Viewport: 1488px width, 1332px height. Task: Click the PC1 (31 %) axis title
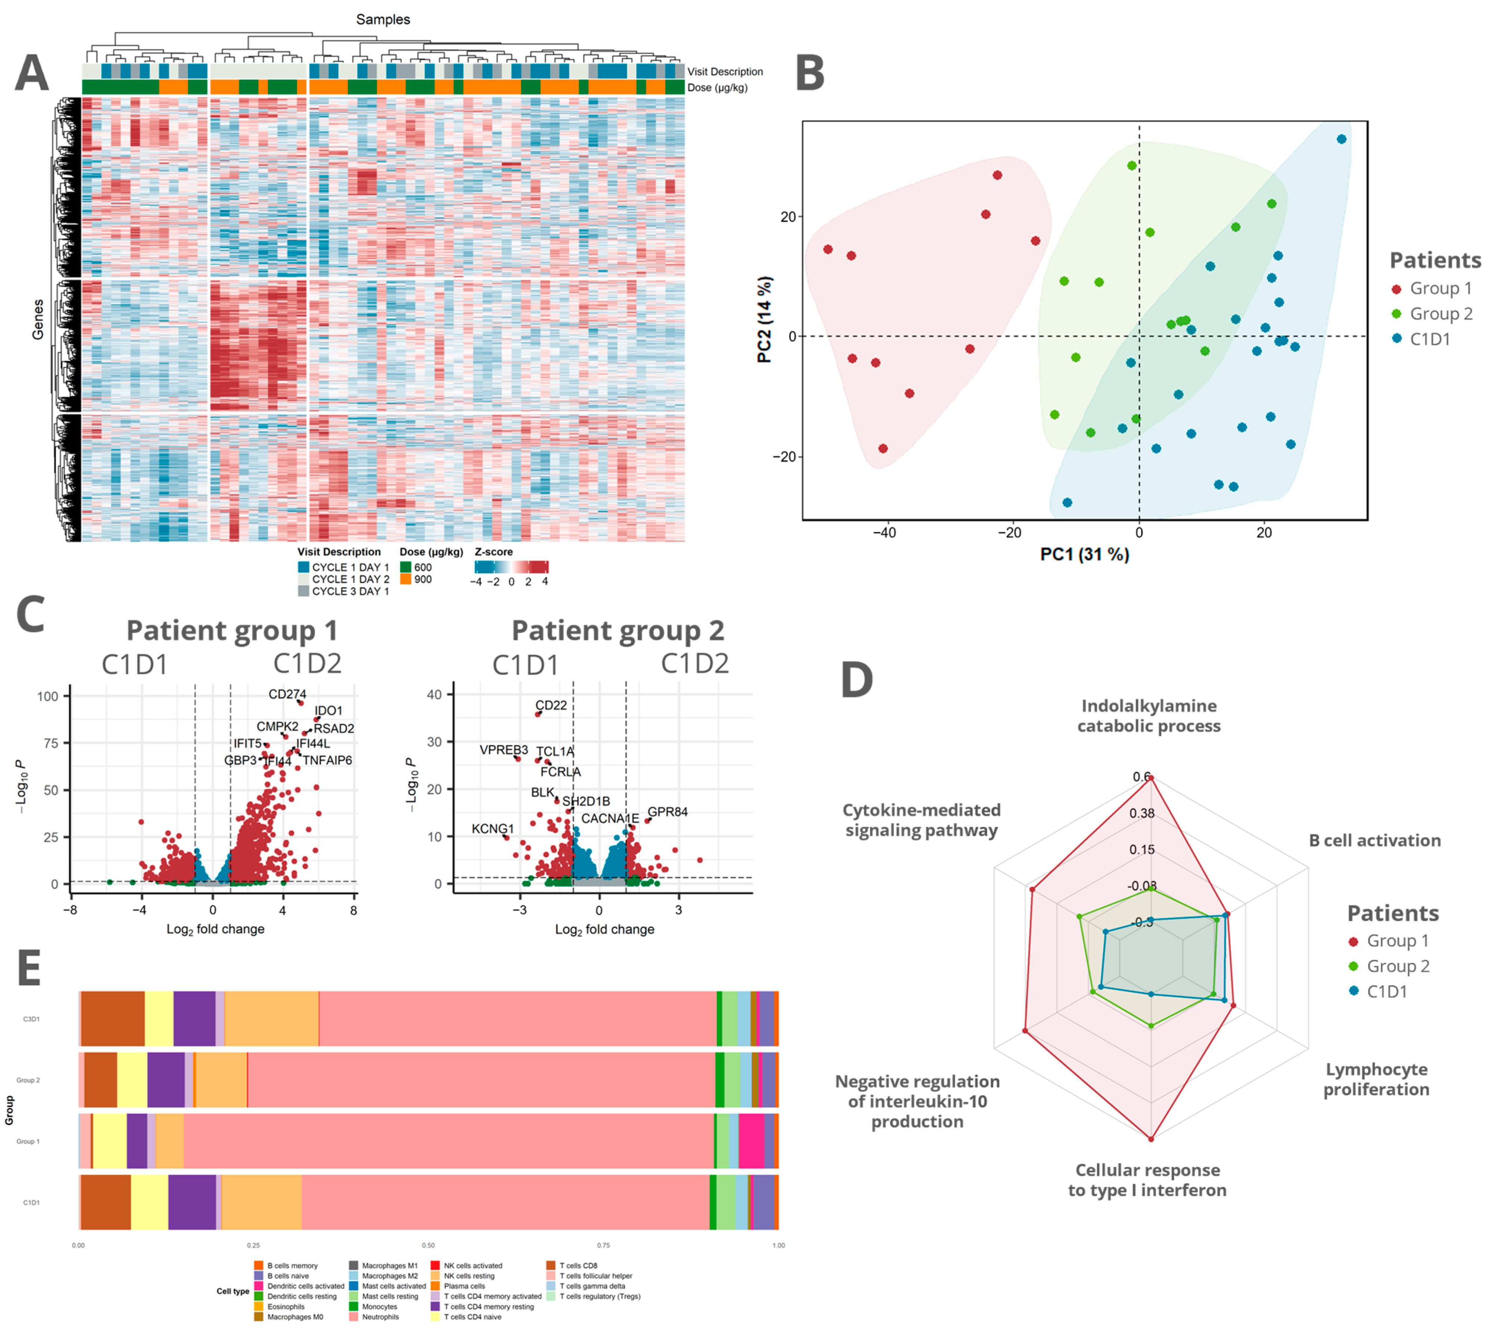click(x=1084, y=554)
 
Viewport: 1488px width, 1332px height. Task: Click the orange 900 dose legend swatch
click(x=406, y=579)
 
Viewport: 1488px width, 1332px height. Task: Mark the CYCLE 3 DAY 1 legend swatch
click(x=304, y=591)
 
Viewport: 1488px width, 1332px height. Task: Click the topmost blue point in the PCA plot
click(x=1341, y=139)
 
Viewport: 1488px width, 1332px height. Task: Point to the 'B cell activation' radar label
click(x=1374, y=840)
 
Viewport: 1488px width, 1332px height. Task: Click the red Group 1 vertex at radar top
click(x=1151, y=778)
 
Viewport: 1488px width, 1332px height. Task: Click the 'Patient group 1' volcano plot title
click(x=231, y=630)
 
